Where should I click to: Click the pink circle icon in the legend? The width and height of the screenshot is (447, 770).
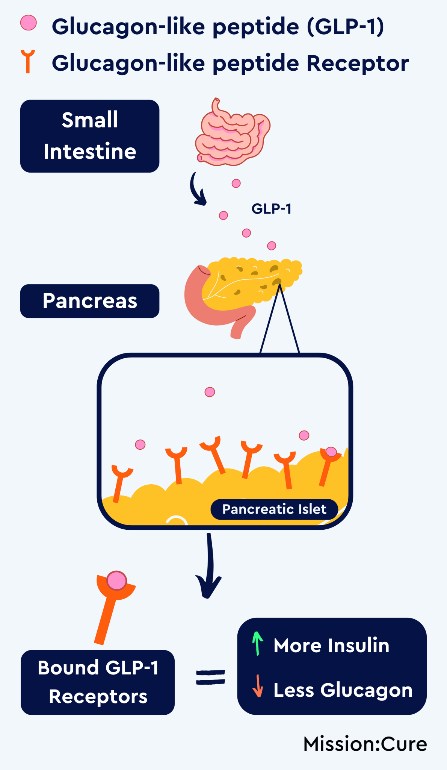pos(29,23)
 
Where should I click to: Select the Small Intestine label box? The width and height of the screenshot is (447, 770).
pos(89,136)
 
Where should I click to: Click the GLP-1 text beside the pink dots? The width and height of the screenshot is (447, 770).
pos(271,209)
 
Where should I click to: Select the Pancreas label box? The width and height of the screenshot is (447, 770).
pos(89,301)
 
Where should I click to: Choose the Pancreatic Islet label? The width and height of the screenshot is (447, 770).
pos(274,509)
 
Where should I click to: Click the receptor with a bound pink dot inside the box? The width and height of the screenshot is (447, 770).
pos(329,462)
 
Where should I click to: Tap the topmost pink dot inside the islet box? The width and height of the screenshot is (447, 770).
pos(210,392)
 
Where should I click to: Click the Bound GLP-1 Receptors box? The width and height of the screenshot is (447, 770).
pos(98,682)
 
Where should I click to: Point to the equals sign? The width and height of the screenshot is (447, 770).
pos(211,677)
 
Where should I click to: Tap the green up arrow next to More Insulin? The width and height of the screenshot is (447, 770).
pos(257,643)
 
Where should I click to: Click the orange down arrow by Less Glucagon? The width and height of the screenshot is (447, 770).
pos(258,686)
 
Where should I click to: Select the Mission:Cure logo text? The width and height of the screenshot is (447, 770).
pos(365,744)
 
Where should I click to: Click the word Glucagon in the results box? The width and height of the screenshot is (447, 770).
pos(366,690)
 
